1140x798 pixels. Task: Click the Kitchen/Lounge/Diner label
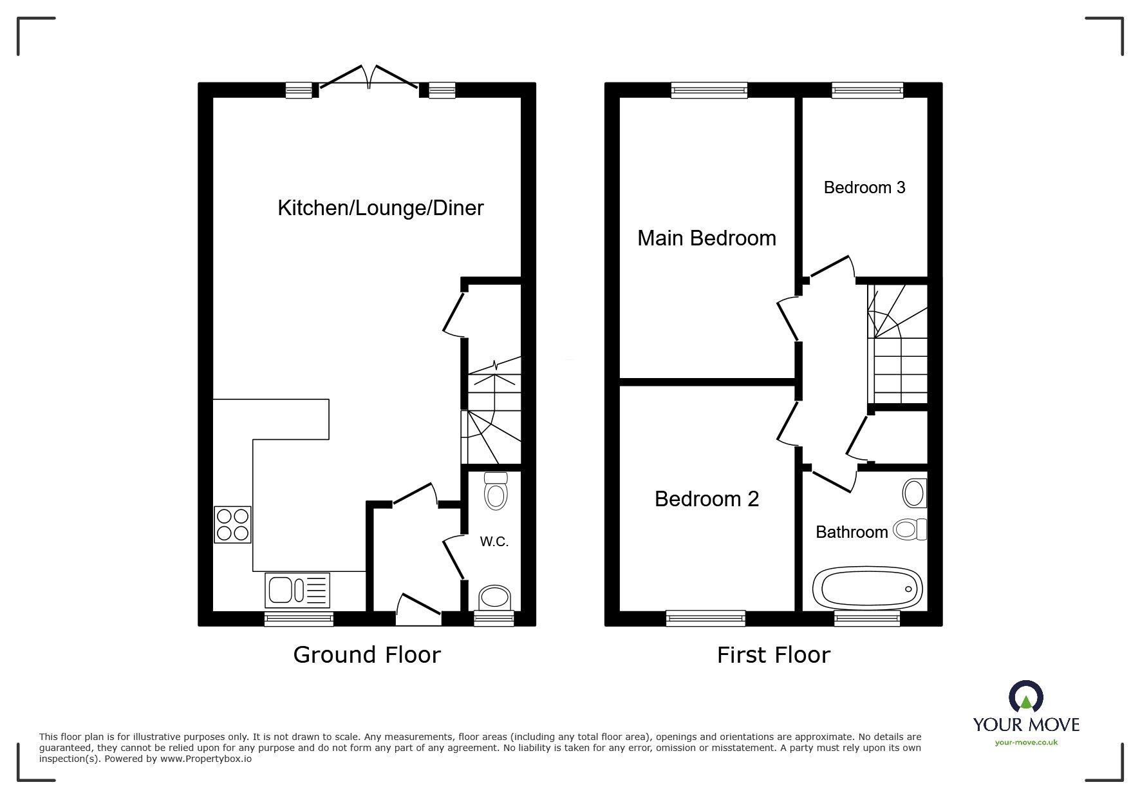[380, 208]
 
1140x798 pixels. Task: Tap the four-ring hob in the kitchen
[232, 524]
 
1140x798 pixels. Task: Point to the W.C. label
[494, 542]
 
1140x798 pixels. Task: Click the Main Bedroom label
[706, 238]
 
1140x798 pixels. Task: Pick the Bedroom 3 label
[864, 187]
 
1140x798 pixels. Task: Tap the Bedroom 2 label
[706, 499]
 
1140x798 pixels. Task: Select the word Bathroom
[851, 532]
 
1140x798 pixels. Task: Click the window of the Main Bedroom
[709, 90]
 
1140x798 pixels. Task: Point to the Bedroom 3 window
[867, 90]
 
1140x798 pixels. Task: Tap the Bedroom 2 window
[705, 618]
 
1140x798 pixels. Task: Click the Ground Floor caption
[367, 655]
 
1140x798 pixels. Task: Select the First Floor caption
[774, 655]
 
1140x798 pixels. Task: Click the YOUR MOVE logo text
[1026, 725]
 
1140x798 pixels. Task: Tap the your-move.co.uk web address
[1026, 743]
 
